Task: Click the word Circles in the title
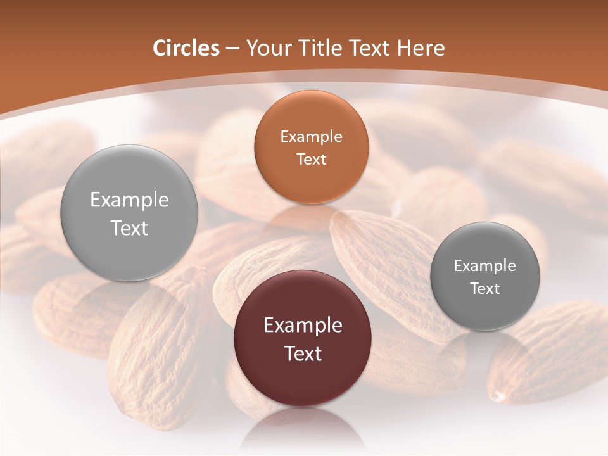tap(186, 48)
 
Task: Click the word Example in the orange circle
tap(311, 137)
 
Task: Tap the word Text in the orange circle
tap(311, 160)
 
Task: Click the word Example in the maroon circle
tap(303, 326)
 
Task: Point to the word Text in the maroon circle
tap(303, 353)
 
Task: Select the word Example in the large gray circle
tap(129, 200)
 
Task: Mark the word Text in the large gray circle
tap(129, 228)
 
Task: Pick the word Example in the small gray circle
tap(485, 266)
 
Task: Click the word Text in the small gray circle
tap(485, 289)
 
